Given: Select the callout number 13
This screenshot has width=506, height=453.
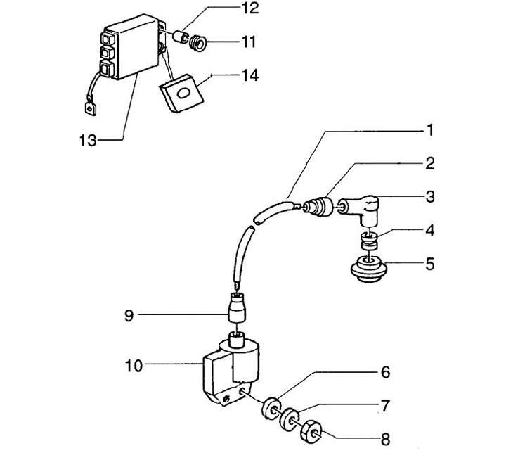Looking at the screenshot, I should click(x=87, y=141).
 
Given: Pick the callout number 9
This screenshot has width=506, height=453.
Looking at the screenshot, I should click(x=128, y=316).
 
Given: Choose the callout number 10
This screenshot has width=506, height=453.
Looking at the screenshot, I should click(x=133, y=364).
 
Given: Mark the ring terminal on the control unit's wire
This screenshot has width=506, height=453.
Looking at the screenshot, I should click(x=88, y=109).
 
